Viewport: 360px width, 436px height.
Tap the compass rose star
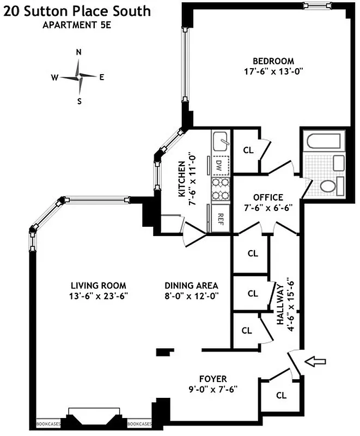(79, 77)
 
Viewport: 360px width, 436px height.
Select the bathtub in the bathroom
(324, 142)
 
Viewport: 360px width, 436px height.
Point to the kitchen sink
(222, 143)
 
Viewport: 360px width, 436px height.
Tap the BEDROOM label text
(273, 61)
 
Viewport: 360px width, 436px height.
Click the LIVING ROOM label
(99, 286)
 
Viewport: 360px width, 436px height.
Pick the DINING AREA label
(191, 286)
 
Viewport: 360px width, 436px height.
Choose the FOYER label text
(213, 379)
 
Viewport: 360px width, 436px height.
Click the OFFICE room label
(268, 197)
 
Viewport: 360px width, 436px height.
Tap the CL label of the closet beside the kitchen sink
(248, 150)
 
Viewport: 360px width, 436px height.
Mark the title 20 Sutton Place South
(76, 11)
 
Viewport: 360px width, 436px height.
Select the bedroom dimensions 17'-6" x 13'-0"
(273, 71)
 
